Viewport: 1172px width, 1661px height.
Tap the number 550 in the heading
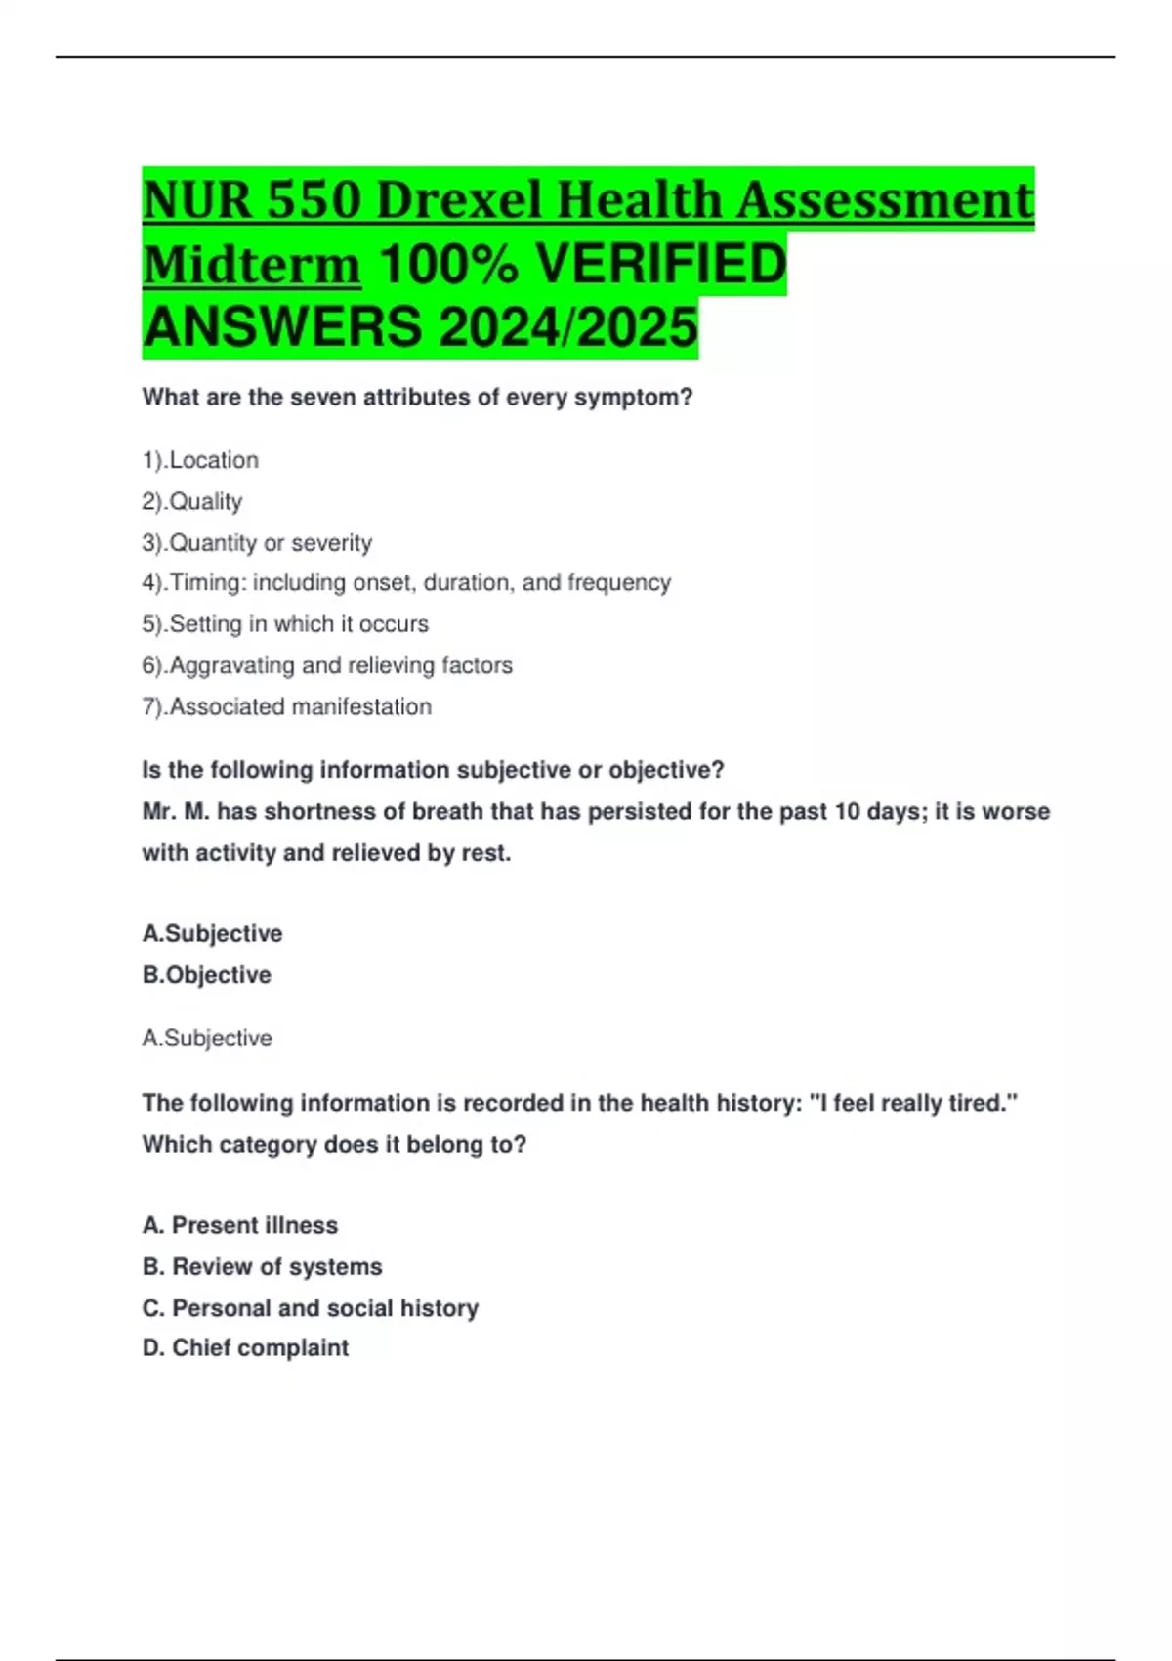314,200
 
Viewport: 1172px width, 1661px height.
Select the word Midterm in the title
251,265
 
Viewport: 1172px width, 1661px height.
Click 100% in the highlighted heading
447,265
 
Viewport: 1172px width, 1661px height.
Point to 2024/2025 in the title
568,327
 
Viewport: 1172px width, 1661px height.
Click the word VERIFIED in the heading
661,265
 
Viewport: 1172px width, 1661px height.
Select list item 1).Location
200,460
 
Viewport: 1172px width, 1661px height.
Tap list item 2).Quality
191,501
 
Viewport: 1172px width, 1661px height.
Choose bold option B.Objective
206,975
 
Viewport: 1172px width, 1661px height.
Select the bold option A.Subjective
212,934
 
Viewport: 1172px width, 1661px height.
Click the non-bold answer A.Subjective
207,1038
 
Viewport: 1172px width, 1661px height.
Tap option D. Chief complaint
245,1348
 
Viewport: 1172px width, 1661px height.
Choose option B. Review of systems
262,1267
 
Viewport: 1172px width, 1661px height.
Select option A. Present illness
240,1225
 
